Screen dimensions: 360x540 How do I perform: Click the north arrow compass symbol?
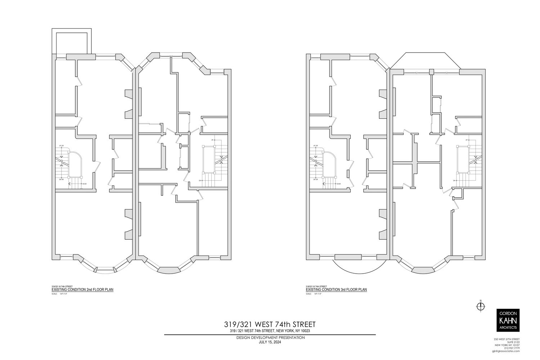point(480,306)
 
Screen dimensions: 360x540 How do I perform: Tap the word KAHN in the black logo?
point(508,320)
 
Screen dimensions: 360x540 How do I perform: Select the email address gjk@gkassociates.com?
point(505,351)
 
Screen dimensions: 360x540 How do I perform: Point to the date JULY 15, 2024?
point(270,342)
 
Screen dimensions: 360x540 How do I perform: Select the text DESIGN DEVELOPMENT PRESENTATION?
point(270,338)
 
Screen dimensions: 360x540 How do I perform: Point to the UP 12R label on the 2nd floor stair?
point(62,145)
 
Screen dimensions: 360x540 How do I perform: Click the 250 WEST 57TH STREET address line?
point(506,339)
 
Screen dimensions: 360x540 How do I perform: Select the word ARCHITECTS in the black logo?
point(508,328)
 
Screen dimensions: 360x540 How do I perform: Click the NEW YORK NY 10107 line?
point(508,345)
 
